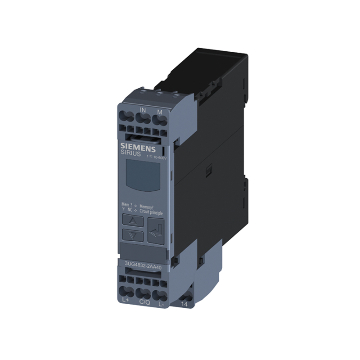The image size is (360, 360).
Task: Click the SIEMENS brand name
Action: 138,147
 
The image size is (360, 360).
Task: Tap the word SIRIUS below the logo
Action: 131,154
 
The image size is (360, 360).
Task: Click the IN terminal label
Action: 143,110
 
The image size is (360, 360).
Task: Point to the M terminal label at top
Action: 159,111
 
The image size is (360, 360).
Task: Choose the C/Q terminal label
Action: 144,302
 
